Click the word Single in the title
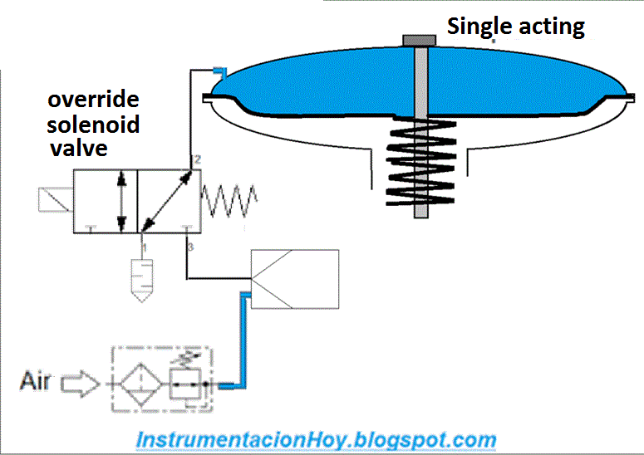[x=476, y=27]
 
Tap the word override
[x=93, y=100]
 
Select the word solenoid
[x=93, y=125]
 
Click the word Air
[x=36, y=382]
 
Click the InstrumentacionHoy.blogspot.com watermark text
[x=316, y=439]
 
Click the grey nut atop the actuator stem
[x=420, y=40]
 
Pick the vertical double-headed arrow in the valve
[x=122, y=200]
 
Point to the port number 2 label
[x=196, y=159]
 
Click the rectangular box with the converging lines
[x=295, y=279]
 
